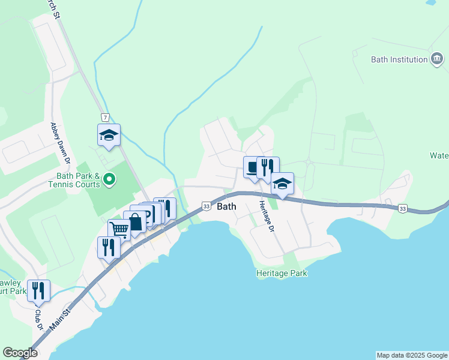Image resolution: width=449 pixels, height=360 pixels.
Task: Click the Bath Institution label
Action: tap(399, 59)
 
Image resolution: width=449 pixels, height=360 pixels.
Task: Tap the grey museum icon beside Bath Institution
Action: tap(437, 59)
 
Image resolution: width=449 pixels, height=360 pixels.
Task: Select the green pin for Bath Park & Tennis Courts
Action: tap(109, 179)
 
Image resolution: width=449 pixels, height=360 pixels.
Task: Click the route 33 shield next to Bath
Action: tap(206, 206)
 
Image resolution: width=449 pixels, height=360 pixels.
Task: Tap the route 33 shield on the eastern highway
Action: tap(402, 208)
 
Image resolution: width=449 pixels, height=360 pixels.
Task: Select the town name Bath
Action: tap(226, 206)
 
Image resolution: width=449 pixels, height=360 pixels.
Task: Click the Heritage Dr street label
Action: tap(266, 217)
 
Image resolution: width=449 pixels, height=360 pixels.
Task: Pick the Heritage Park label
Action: tap(282, 274)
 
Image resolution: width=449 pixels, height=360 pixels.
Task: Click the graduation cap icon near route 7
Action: tap(109, 135)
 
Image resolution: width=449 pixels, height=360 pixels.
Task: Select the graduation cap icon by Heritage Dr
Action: tap(282, 184)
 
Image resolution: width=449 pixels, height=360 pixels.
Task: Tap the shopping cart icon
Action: tap(119, 229)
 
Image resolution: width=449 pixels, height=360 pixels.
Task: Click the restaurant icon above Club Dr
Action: tap(38, 290)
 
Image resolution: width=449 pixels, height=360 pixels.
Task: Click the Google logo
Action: tap(20, 353)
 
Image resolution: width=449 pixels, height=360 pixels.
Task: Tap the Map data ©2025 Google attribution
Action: tap(412, 355)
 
